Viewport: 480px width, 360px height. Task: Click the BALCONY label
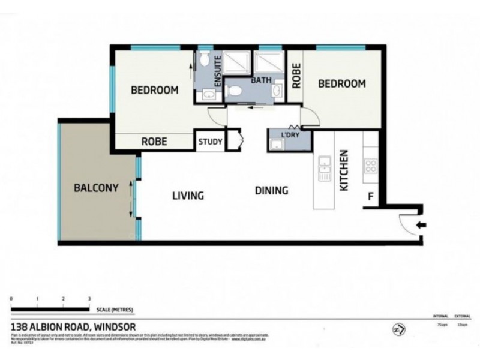pos(95,187)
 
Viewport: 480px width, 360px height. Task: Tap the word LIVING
pos(188,196)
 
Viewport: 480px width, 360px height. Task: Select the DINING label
pos(271,191)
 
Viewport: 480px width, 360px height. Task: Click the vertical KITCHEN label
pos(344,171)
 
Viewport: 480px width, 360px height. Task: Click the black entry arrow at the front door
pos(422,226)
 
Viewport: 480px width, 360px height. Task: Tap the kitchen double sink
pos(325,168)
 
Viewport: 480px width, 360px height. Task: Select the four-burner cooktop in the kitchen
pos(370,166)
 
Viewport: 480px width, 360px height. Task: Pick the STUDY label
pos(211,142)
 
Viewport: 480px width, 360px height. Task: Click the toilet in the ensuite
pos(205,59)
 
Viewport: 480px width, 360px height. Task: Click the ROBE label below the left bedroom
pos(154,142)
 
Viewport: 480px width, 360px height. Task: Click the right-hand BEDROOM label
pos(341,84)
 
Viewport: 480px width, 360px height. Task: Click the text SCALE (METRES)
pos(115,310)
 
